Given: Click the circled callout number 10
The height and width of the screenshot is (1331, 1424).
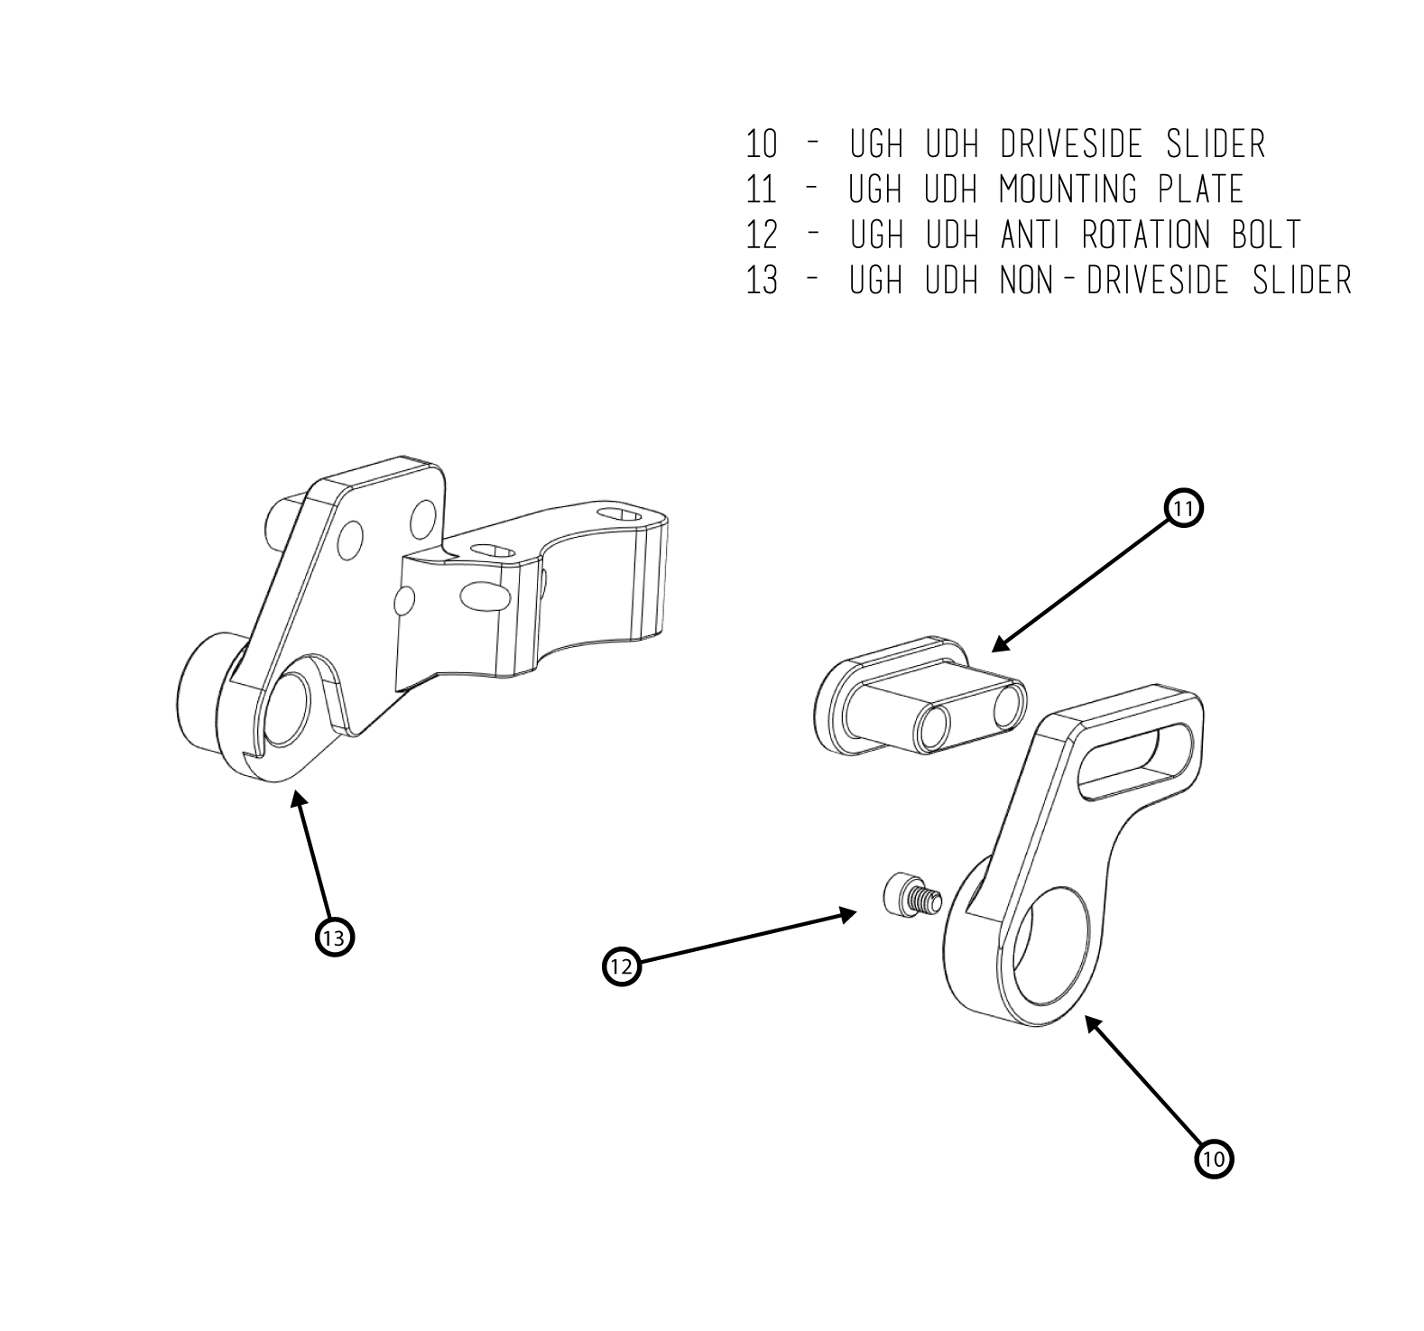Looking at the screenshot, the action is coord(1214,1158).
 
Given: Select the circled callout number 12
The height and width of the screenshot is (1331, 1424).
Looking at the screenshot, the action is coord(621,966).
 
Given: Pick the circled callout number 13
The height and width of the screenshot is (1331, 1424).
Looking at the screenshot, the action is coord(334,938).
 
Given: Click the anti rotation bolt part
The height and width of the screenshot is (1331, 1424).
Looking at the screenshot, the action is coord(910,897).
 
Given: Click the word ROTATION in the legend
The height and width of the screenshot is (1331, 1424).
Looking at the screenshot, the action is coord(1145,235).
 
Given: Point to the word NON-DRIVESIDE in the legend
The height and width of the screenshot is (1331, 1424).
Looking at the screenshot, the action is coord(1113,281).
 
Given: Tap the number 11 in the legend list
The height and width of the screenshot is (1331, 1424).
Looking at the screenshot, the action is coord(762,189).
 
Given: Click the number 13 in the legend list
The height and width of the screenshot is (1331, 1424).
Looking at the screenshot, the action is coord(762,281).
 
